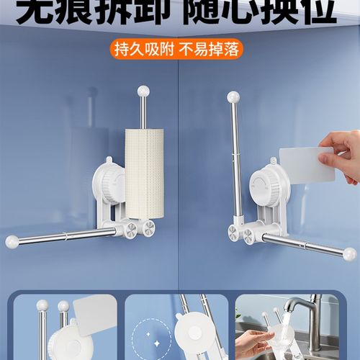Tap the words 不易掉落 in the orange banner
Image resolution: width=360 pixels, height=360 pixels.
[209, 49]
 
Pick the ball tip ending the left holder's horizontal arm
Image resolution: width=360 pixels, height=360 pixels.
[12, 242]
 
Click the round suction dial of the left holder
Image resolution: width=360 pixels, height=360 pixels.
[108, 184]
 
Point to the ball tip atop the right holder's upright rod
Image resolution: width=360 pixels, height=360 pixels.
[233, 96]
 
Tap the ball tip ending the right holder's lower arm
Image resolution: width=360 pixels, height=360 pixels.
[349, 253]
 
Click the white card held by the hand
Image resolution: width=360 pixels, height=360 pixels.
[306, 165]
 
